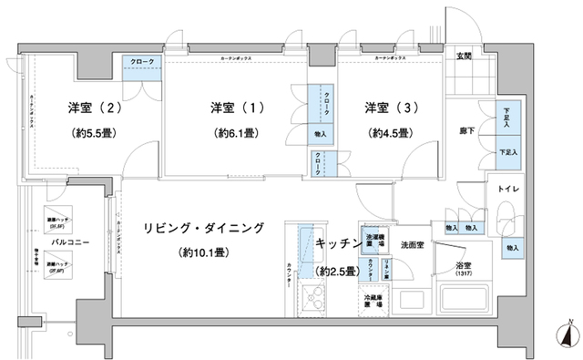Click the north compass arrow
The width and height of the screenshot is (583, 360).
coord(567,334)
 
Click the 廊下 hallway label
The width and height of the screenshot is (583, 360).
coord(465,133)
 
